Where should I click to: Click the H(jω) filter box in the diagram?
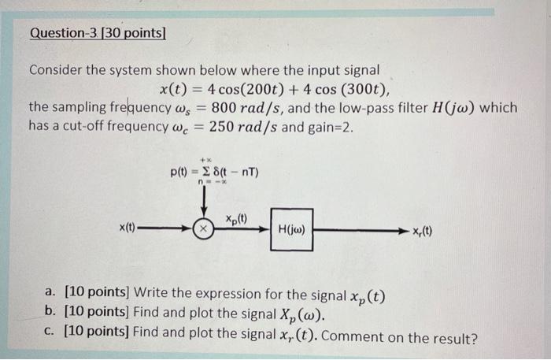[291, 230]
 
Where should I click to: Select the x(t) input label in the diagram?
[128, 228]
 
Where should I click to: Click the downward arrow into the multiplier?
[204, 205]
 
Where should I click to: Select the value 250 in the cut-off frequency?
[217, 126]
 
